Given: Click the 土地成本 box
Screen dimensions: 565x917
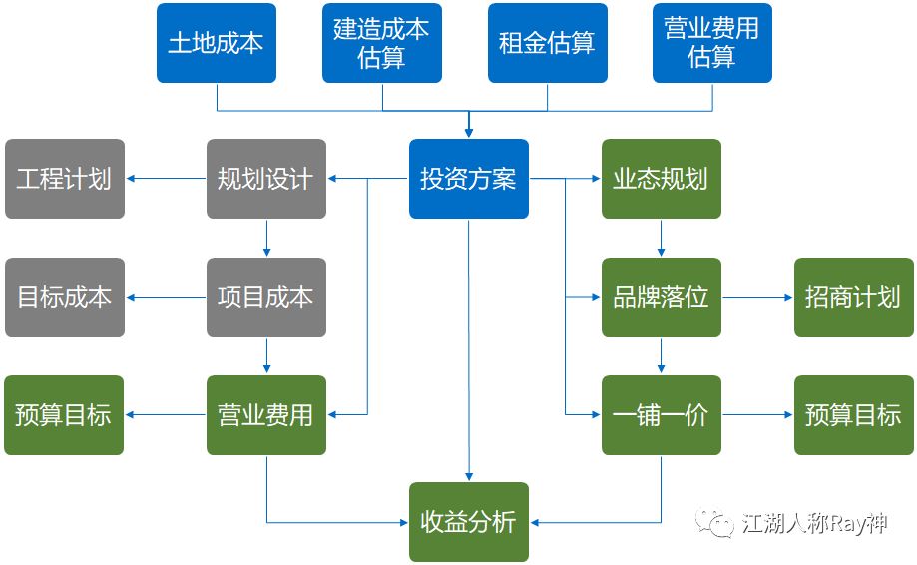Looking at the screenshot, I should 216,43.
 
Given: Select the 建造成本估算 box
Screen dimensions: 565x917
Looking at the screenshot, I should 381,43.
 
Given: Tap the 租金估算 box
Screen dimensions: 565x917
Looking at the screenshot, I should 547,43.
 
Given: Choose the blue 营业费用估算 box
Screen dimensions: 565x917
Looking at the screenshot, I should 712,43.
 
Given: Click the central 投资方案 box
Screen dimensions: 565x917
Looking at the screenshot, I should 468,179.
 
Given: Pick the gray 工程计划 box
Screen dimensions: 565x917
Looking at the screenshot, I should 65,179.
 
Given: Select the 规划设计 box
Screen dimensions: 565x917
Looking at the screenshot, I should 265,179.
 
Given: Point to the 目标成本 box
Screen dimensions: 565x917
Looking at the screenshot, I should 65,297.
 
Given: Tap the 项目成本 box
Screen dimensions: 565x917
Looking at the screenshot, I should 265,297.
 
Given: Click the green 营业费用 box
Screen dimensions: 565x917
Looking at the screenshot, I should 265,415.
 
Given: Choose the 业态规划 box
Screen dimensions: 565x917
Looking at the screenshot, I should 661,179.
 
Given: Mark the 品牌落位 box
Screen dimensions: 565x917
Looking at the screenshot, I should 661,297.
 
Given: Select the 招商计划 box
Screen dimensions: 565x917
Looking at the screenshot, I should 853,297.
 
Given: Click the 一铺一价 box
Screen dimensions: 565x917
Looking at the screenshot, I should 661,415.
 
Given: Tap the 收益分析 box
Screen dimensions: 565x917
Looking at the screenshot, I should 468,522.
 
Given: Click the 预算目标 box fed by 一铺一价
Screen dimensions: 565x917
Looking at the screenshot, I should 853,415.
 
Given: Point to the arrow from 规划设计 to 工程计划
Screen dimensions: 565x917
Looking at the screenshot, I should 166,179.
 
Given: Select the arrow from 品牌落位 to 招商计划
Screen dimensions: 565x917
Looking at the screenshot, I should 757,297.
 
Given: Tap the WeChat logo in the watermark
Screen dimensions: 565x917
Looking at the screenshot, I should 714,522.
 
